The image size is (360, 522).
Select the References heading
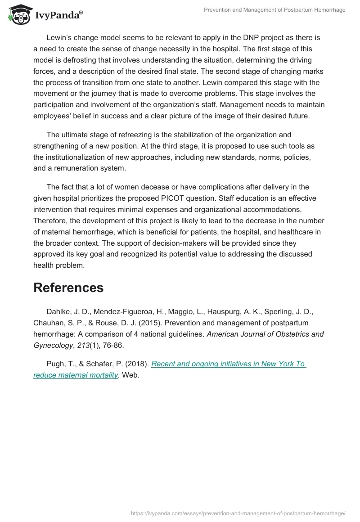pos(68,288)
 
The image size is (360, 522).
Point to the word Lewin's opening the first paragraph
pos(59,37)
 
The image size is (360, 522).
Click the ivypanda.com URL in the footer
pos(238,513)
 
